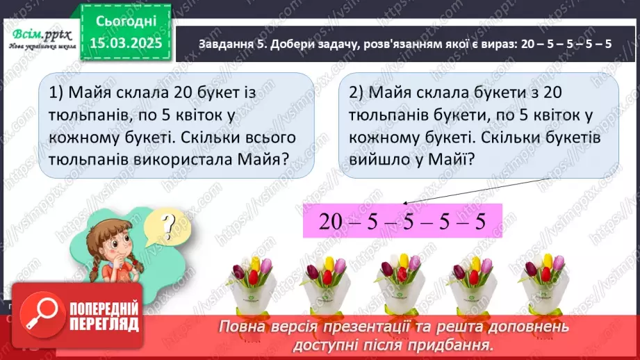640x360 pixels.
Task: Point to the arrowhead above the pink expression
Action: [x=406, y=203]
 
